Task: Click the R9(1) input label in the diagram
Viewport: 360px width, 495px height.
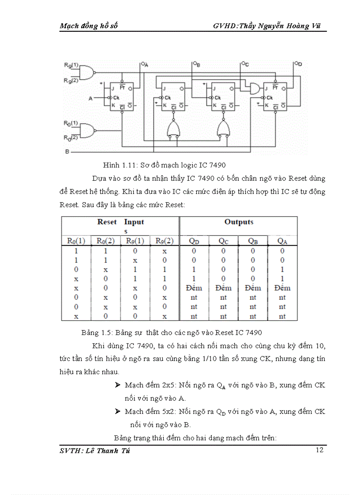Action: (x=71, y=66)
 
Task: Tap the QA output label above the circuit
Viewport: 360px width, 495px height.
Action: (x=144, y=64)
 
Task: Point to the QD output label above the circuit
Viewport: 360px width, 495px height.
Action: (x=298, y=64)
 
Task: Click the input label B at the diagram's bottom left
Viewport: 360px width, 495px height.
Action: (x=67, y=152)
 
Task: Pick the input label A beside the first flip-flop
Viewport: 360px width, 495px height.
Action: (x=90, y=99)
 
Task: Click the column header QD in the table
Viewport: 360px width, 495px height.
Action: (x=194, y=241)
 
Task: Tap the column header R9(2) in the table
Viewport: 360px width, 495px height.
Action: (x=164, y=241)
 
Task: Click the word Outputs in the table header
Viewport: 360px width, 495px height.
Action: (x=239, y=222)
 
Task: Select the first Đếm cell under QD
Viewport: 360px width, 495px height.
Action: (x=194, y=288)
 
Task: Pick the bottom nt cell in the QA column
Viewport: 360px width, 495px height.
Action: (x=282, y=316)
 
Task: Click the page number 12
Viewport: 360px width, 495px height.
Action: (x=320, y=450)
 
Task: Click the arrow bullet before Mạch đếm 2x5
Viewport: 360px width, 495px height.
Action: (x=118, y=385)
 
